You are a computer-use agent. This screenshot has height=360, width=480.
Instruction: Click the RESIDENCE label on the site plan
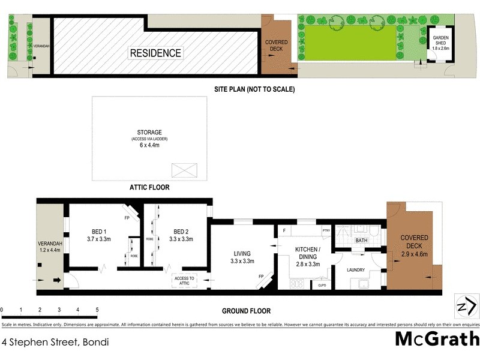tap(155, 53)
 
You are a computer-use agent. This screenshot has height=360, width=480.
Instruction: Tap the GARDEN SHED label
tap(441, 43)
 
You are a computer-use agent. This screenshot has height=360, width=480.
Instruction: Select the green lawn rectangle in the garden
tap(351, 42)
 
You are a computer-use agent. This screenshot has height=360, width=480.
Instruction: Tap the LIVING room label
tap(243, 257)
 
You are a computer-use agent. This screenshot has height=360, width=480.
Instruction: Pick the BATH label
tap(361, 241)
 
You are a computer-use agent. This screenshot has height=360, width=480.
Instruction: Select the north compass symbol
tap(466, 307)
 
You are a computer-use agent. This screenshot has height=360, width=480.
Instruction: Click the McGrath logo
tap(437, 339)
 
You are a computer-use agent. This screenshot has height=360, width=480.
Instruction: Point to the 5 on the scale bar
tap(97, 310)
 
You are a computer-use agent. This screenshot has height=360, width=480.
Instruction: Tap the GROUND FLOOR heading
tap(247, 311)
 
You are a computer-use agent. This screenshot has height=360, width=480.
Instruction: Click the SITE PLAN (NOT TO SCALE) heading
tap(254, 89)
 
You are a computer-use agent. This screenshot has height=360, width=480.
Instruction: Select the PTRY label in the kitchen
tap(326, 230)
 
